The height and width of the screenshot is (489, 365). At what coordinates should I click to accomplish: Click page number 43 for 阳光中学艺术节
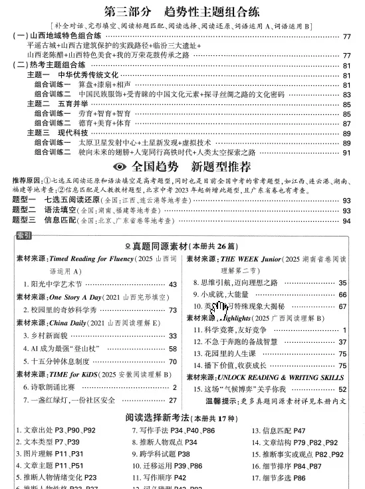tap(173, 284)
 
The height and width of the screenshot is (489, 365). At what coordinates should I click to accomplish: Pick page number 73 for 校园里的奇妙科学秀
tap(173, 310)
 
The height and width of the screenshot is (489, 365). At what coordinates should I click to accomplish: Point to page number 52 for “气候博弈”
tap(342, 389)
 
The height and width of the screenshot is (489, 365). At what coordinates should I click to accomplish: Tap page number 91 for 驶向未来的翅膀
tap(346, 152)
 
